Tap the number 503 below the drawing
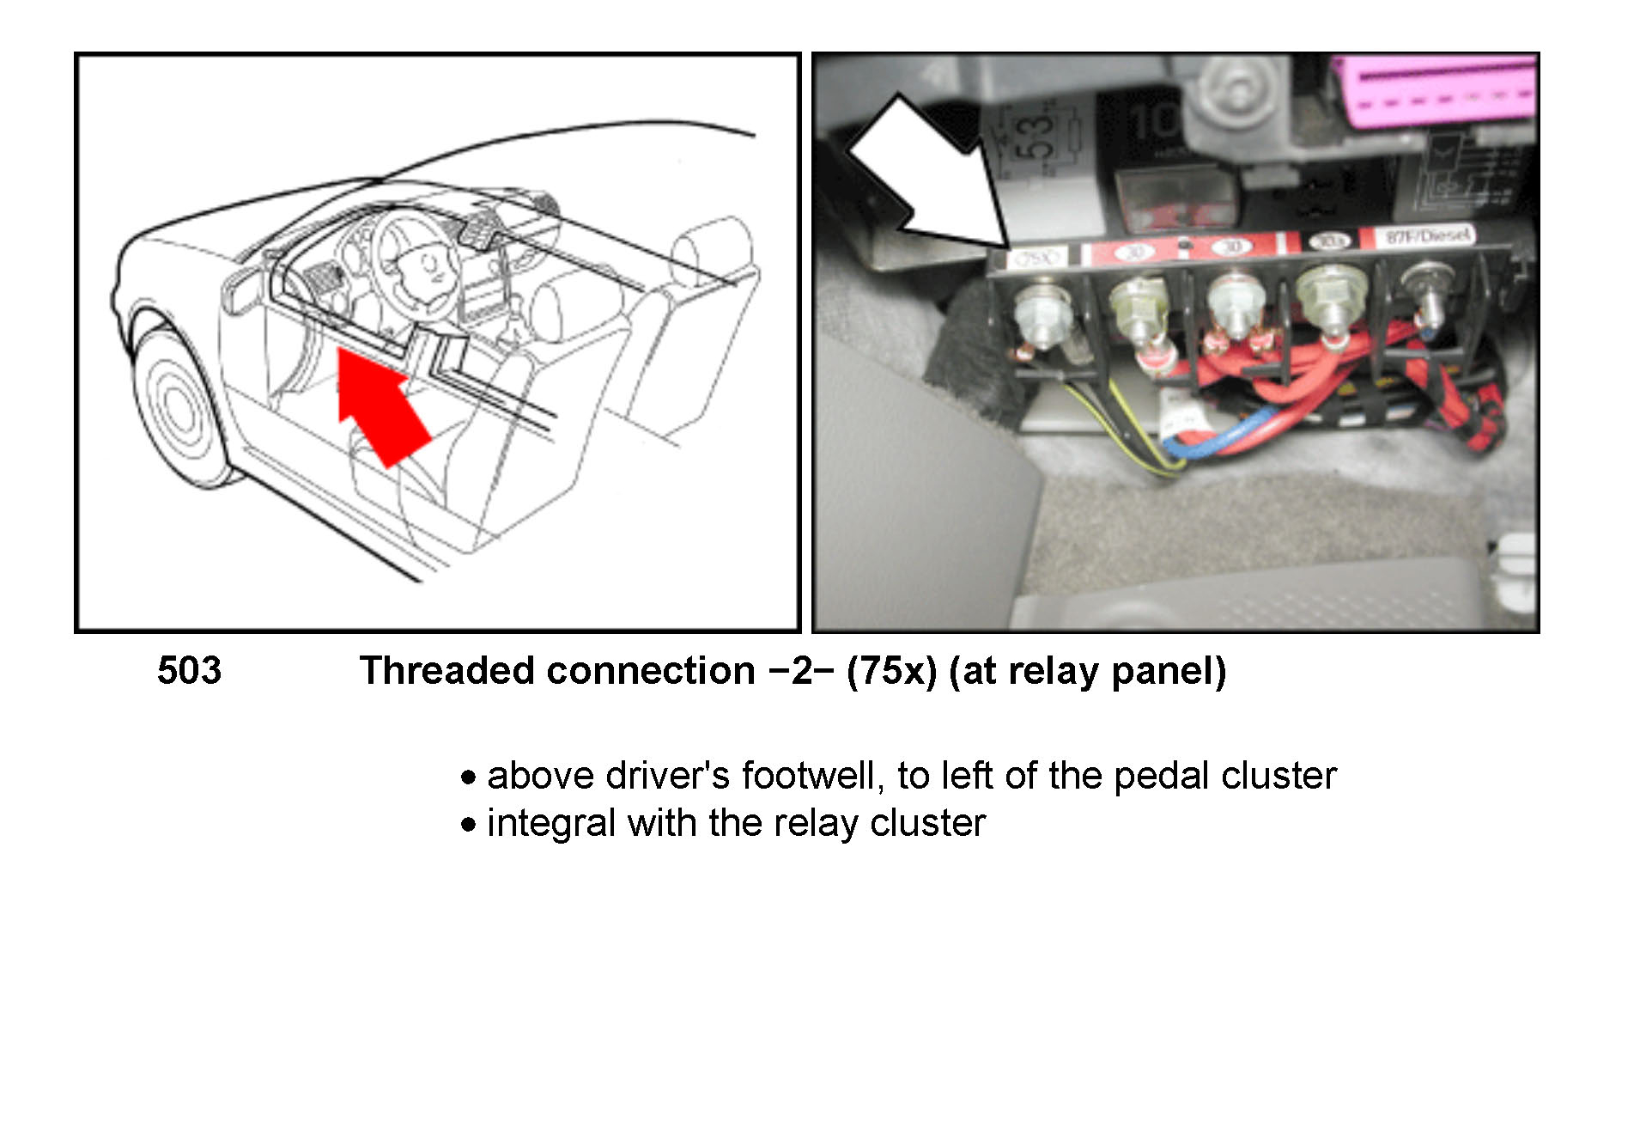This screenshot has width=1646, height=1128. click(189, 671)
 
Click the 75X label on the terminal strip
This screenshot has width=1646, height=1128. click(1036, 256)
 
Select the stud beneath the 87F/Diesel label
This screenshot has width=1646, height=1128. click(1425, 296)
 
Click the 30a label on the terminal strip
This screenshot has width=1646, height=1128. click(1330, 241)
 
